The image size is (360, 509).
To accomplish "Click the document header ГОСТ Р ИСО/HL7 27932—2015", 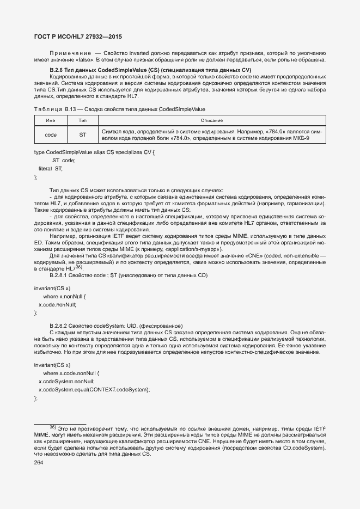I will (x=78, y=37).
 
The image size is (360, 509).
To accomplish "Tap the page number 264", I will (x=39, y=463).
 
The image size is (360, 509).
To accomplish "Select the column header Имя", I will (x=51, y=120).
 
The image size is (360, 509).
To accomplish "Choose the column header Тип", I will (x=83, y=120).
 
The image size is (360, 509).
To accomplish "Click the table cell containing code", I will (x=51, y=134).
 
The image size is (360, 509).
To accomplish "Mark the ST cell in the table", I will (x=83, y=134).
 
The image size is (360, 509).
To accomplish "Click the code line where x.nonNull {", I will (x=65, y=296).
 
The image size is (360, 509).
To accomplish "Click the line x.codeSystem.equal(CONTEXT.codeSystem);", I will (x=94, y=390).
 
